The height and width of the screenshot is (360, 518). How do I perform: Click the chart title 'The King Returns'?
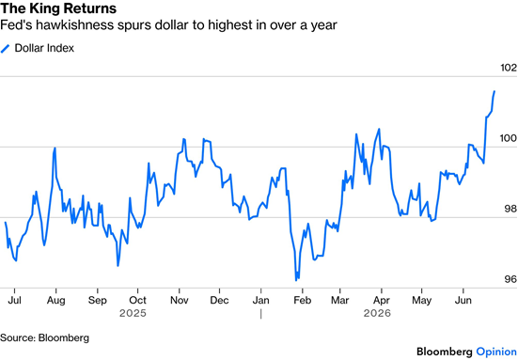58,8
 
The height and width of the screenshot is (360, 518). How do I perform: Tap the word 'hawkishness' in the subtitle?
74,25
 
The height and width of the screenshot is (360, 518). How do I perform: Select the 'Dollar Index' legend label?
44,48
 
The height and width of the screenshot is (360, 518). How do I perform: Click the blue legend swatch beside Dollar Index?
6,49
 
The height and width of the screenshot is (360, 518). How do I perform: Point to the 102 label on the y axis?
509,68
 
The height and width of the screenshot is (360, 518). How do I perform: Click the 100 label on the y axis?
509,138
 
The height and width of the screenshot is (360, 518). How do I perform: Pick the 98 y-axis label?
510,209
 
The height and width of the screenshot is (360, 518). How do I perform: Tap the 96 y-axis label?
510,279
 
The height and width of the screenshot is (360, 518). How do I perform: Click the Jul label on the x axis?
14,300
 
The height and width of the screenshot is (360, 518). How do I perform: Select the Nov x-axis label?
179,300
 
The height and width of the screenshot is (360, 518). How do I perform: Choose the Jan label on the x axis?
261,300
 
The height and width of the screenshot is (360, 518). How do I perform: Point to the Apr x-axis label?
382,300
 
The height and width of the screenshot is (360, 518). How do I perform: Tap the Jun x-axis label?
463,300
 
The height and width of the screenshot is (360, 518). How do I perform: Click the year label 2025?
133,313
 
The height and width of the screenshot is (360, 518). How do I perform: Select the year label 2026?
377,313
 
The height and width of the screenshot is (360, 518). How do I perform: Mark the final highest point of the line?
494,91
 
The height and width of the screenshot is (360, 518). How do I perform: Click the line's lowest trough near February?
296,280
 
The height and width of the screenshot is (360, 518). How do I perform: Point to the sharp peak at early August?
55,148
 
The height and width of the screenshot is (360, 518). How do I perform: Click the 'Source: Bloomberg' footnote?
44,337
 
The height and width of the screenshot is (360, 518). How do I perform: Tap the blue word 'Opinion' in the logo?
496,352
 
